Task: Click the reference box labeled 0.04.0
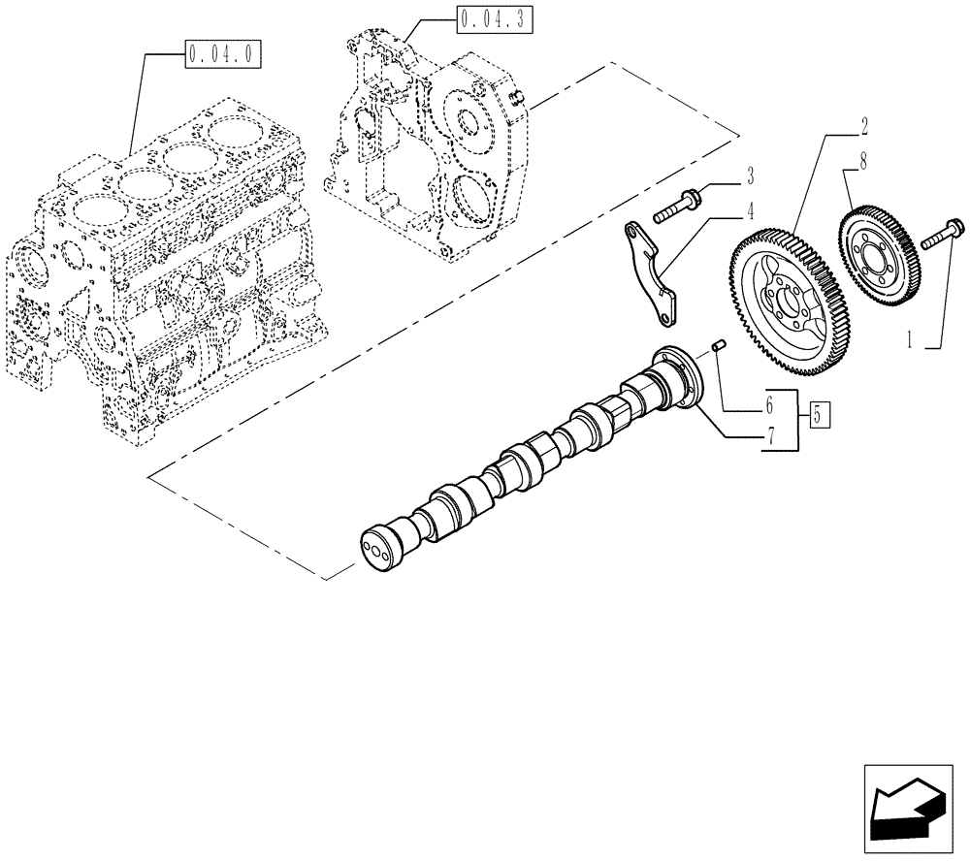222,55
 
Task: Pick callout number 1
909,340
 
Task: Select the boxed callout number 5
818,416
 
